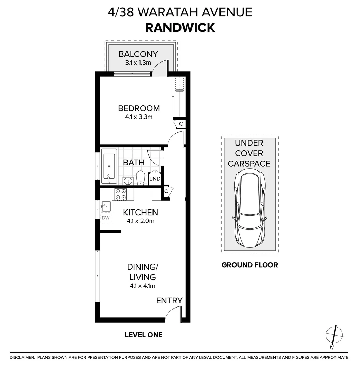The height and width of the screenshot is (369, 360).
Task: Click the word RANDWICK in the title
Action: [180, 27]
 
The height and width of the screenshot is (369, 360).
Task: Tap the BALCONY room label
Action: [138, 54]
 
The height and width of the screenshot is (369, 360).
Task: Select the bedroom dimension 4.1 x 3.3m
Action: [138, 117]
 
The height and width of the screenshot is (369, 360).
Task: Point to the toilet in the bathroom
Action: [141, 178]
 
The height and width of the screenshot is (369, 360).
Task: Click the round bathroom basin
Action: [128, 181]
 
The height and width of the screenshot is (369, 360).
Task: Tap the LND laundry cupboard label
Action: [155, 179]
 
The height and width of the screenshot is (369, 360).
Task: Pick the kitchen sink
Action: [106, 206]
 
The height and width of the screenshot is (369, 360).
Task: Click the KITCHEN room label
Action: [140, 213]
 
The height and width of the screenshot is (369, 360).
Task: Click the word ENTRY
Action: [169, 301]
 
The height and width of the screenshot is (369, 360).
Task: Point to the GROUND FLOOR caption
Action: [250, 265]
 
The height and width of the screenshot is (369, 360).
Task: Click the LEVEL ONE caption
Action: [144, 335]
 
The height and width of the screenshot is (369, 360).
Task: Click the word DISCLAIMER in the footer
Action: [22, 357]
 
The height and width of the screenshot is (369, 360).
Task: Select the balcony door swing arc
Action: [159, 68]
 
